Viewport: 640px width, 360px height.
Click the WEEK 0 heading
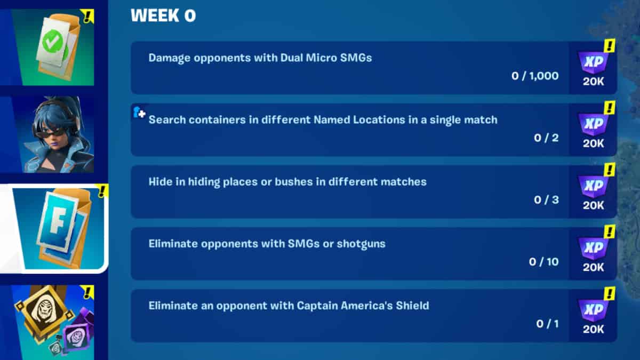[163, 16]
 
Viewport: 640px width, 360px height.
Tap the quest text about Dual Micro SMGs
[260, 58]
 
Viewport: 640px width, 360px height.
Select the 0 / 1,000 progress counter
[535, 76]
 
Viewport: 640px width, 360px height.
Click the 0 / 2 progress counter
[546, 138]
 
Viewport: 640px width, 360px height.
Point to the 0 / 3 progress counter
[546, 200]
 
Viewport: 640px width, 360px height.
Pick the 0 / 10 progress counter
[543, 262]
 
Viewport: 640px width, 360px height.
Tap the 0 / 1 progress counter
[547, 324]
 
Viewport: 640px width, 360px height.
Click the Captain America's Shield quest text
[289, 306]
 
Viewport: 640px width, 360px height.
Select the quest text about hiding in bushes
[287, 182]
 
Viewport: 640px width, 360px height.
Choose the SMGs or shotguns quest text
[267, 244]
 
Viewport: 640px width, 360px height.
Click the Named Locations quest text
[323, 119]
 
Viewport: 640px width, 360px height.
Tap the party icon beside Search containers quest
[139, 113]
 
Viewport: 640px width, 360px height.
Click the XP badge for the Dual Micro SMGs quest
[593, 63]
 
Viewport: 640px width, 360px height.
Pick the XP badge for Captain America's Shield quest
[593, 310]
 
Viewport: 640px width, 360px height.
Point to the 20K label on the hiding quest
[593, 206]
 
